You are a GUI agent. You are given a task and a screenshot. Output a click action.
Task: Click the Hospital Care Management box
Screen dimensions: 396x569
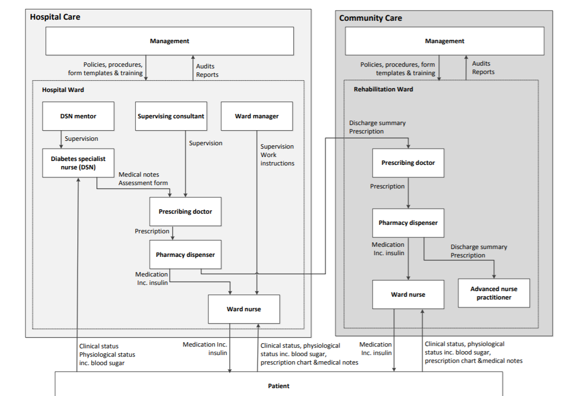click(169, 41)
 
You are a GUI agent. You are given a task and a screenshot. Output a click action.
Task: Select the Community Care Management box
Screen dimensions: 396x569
click(444, 41)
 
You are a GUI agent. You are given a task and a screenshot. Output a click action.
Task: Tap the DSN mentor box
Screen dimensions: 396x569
click(78, 116)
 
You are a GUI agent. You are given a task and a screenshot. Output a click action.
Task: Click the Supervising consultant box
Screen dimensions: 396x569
click(171, 116)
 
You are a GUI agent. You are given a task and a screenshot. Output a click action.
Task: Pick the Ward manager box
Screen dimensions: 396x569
click(257, 116)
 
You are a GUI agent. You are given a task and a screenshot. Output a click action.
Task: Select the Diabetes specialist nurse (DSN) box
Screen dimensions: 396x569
click(78, 163)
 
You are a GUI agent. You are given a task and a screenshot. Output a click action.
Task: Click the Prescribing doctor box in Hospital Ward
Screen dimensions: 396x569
click(185, 211)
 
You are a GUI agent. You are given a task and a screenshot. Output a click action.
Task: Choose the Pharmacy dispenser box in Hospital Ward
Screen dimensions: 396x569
click(185, 255)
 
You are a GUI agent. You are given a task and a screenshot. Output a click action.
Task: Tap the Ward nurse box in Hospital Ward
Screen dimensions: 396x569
click(244, 309)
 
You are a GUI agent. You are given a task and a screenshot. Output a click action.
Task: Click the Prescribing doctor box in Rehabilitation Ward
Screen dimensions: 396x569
click(408, 163)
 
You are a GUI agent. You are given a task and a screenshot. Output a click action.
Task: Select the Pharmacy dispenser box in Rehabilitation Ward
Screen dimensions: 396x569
click(408, 223)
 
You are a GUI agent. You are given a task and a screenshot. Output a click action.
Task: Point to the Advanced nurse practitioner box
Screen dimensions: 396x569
click(494, 293)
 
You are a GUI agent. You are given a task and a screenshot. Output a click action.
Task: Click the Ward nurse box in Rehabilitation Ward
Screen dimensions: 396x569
click(408, 294)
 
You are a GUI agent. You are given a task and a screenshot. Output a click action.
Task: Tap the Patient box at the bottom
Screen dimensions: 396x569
click(279, 385)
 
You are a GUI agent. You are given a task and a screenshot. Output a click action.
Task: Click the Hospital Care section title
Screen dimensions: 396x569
click(55, 17)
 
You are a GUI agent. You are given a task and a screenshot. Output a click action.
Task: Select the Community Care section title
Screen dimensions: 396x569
click(371, 18)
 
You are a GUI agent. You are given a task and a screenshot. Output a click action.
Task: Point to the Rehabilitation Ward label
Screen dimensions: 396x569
click(383, 89)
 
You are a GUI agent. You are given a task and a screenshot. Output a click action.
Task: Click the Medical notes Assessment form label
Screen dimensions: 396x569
click(143, 178)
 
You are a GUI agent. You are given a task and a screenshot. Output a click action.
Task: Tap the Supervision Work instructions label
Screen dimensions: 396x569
click(277, 155)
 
